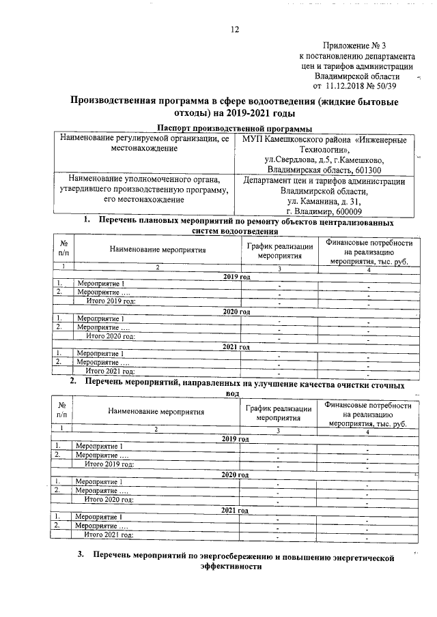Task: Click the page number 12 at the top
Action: pyautogui.click(x=235, y=29)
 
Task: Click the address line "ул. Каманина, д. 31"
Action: pyautogui.click(x=324, y=202)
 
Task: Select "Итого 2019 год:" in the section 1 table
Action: pyautogui.click(x=110, y=301)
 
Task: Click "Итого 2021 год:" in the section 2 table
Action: pyautogui.click(x=108, y=535)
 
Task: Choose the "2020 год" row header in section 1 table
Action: pyautogui.click(x=236, y=312)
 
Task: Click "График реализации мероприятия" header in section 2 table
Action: pyautogui.click(x=279, y=412)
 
